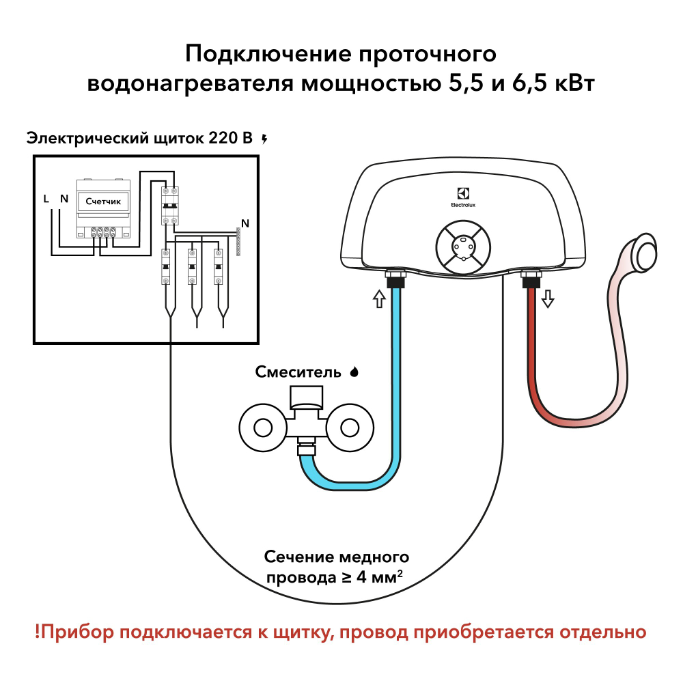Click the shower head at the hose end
click(x=645, y=251)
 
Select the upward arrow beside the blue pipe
click(x=379, y=298)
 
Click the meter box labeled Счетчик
click(x=103, y=201)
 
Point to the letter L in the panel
click(x=46, y=199)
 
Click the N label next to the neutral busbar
click(x=245, y=223)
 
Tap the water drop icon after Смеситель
click(x=354, y=372)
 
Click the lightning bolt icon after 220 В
click(x=265, y=139)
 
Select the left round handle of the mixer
click(x=263, y=428)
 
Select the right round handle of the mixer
click(x=349, y=428)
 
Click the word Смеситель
click(x=298, y=372)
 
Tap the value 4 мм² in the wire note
click(x=373, y=577)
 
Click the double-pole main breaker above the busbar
click(x=169, y=205)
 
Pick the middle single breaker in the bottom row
click(x=194, y=268)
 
